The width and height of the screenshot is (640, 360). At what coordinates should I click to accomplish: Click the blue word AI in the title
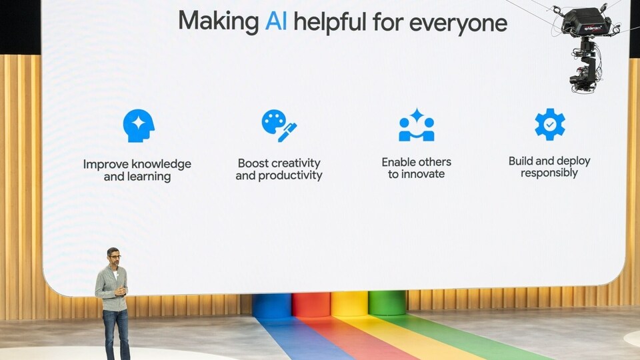point(276,21)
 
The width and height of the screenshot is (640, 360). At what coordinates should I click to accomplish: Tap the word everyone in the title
point(458,23)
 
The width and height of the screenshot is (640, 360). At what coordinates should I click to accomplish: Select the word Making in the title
point(219,21)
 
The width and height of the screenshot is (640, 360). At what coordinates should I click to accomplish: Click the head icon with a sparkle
point(139,126)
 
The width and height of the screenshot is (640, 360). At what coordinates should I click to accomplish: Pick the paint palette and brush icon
point(279,126)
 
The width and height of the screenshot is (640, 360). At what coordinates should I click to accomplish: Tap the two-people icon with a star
point(416,125)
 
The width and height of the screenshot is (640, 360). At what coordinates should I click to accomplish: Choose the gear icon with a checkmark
point(550,124)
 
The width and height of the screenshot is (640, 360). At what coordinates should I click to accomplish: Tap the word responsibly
point(549,173)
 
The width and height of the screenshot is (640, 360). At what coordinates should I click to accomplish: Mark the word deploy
point(573,161)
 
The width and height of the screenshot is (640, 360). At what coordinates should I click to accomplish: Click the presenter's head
point(113,257)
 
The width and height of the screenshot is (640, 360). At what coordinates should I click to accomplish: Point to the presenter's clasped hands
point(121,291)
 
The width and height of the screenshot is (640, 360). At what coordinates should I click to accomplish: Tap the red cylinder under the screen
point(311,305)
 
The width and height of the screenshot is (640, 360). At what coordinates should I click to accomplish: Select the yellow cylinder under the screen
point(349,304)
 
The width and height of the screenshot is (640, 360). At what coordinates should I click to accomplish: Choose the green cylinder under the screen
point(387,303)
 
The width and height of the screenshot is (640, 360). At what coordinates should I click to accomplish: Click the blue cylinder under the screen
point(272,306)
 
